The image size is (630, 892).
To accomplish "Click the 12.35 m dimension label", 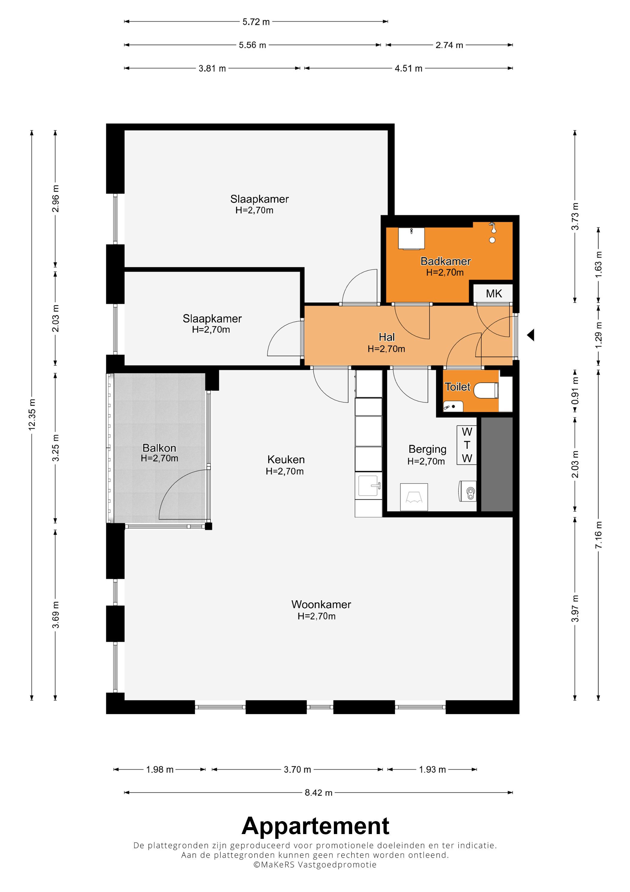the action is pos(32,414).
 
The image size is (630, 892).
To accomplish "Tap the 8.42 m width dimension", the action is pos(318,793).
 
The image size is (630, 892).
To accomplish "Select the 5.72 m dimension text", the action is pos(256,22).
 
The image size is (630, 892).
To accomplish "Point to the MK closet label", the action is pos(494,294).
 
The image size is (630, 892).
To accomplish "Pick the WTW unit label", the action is pos(467,445).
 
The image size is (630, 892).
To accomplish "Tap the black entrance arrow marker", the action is pos(531,335).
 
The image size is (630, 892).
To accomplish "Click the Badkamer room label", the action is pos(445,261).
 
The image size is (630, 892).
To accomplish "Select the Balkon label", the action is pos(159,448).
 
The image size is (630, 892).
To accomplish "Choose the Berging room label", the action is pos(427,449).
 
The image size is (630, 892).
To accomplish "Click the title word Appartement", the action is pos(315,826).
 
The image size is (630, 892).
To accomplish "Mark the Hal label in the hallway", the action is pos(387,337).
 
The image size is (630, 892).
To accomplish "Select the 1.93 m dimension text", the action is pos(432,770).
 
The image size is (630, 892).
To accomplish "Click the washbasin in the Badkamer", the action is pos(412,238).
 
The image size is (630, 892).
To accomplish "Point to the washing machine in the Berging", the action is pos(414,497).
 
